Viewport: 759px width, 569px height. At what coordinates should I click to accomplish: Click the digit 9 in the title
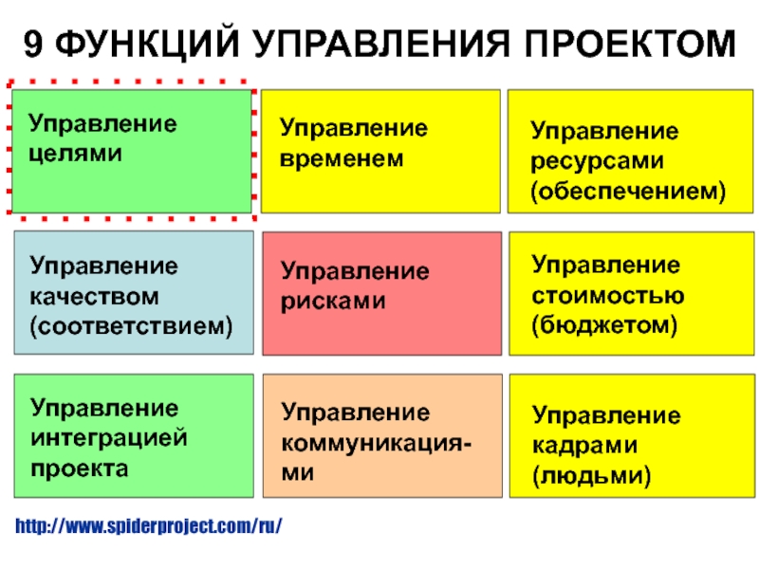[33, 44]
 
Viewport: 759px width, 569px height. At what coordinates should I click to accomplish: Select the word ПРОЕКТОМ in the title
[630, 44]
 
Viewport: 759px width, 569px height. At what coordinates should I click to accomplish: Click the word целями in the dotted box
[75, 155]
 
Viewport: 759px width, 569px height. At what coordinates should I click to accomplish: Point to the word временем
[342, 158]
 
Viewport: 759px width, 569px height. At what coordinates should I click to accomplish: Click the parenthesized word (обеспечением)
[628, 192]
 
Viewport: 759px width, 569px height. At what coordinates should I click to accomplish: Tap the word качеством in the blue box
[94, 297]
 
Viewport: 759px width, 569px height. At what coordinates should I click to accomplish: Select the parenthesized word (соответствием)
[131, 327]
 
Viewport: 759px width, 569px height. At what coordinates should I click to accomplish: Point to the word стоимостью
[608, 296]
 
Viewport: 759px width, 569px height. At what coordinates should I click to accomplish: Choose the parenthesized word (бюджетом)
[604, 325]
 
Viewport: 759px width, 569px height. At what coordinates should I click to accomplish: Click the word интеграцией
[109, 438]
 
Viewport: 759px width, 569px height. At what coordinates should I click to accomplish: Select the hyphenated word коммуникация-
[376, 444]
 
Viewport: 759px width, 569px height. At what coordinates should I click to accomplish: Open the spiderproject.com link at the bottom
[149, 526]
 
